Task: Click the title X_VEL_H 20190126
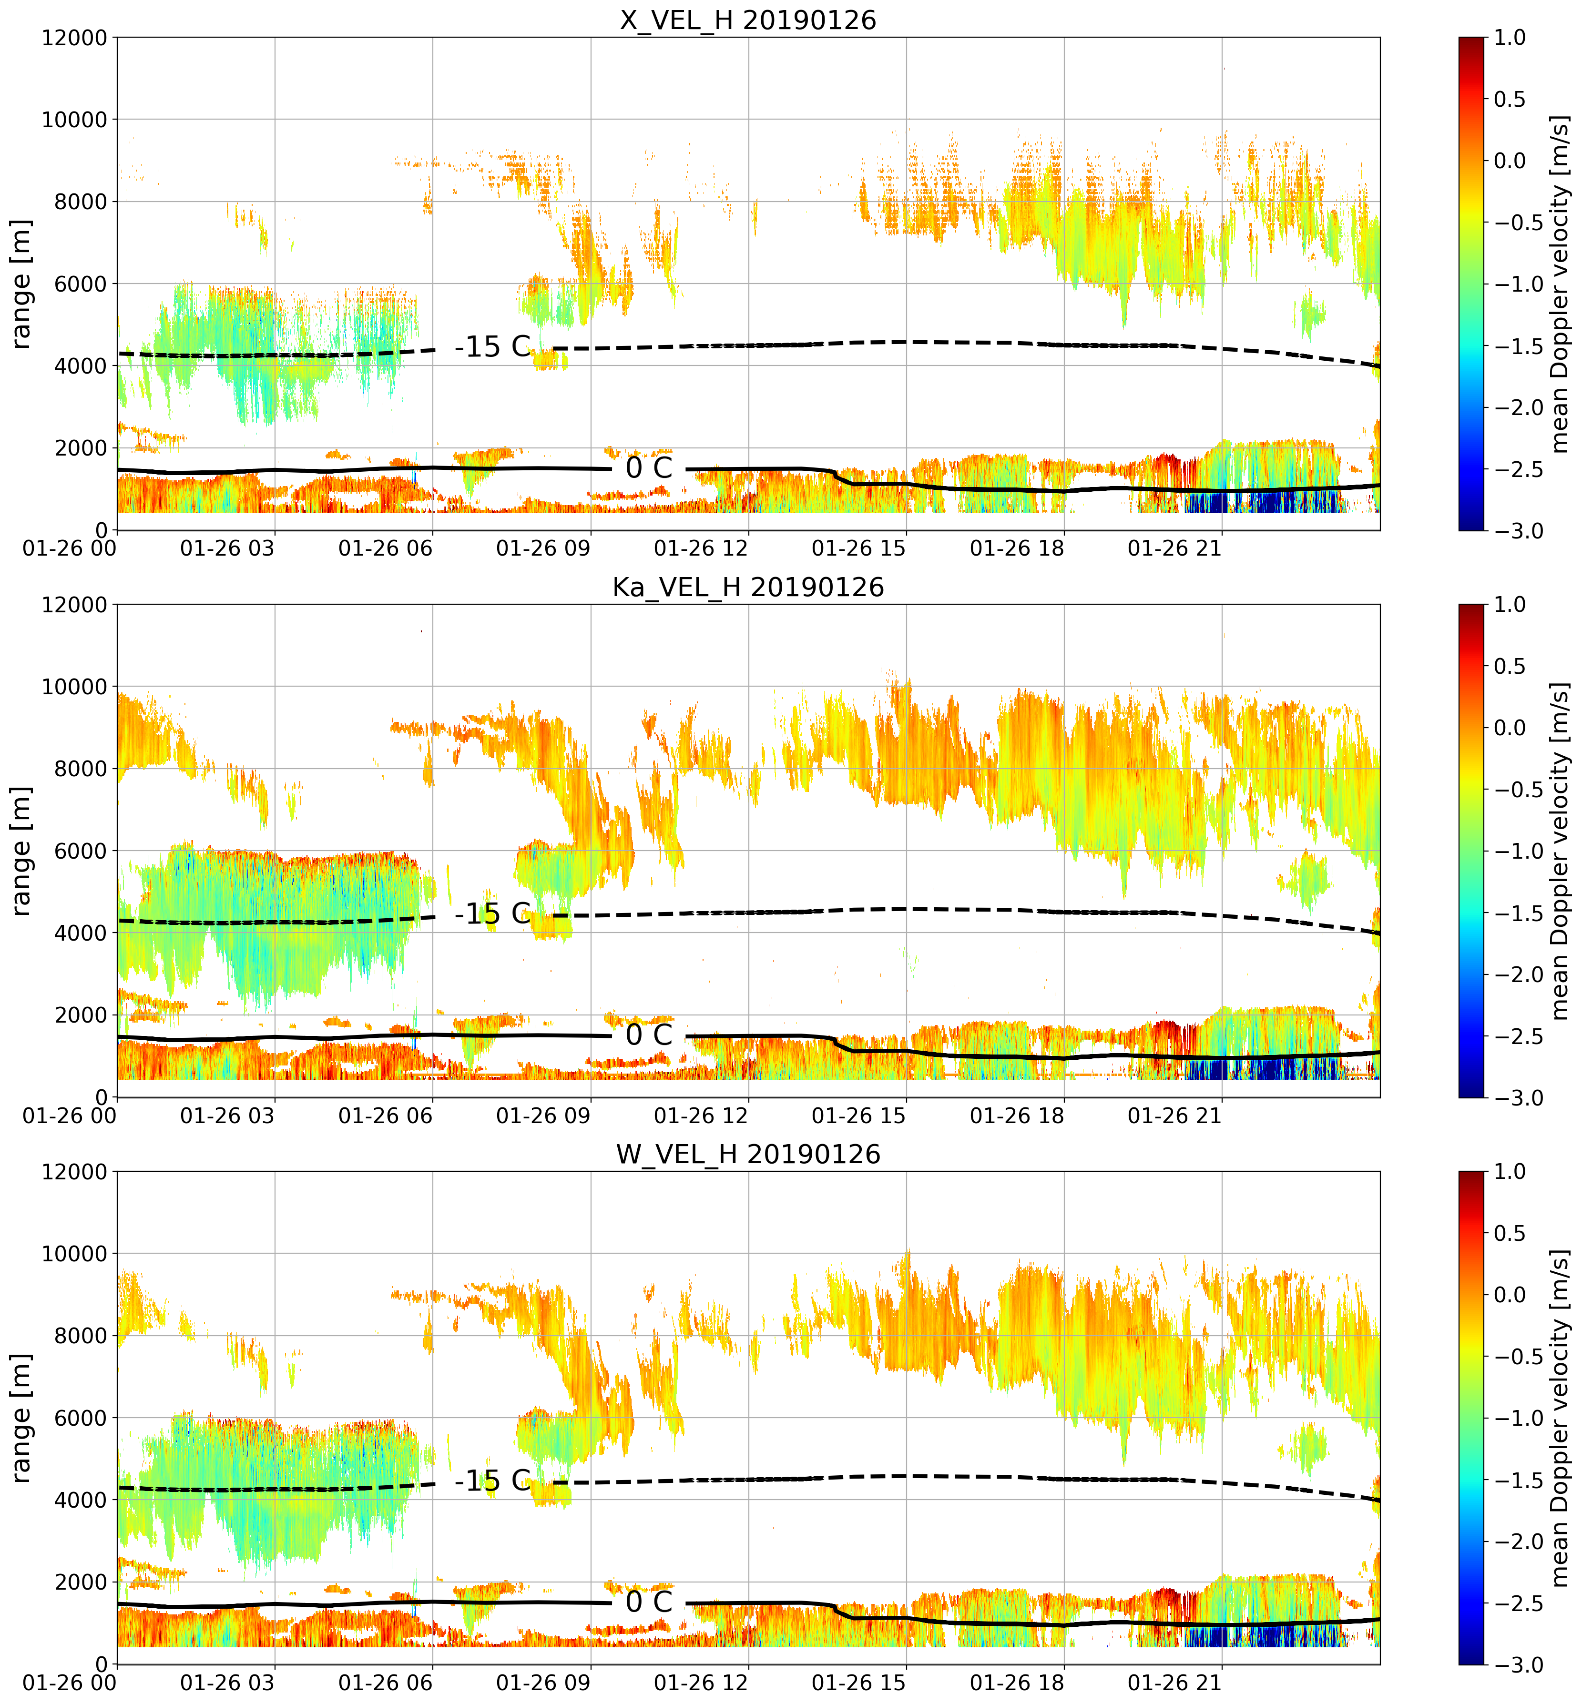(748, 20)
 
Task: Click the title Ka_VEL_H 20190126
(748, 587)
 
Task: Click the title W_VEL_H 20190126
(748, 1155)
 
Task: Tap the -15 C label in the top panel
(493, 346)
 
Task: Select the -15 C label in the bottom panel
(493, 1481)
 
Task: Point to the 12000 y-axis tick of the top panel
(74, 38)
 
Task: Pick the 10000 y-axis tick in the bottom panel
(74, 1254)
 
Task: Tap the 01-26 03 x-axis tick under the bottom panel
(228, 1683)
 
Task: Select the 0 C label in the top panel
(649, 468)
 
